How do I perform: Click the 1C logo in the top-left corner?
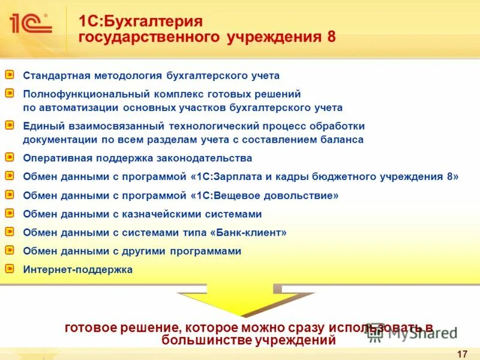pos(30,24)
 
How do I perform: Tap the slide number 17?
pos(462,354)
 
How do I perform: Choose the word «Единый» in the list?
pos(41,126)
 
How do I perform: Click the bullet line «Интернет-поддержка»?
pos(77,270)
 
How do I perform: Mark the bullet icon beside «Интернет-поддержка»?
pos(10,269)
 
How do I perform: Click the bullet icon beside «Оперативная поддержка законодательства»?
pos(10,157)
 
